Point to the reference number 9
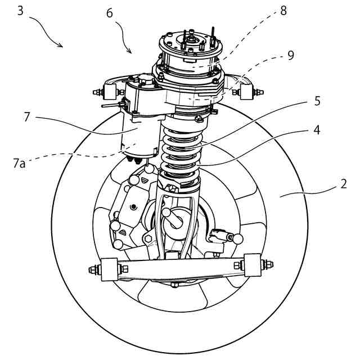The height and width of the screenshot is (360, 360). point(290,56)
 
